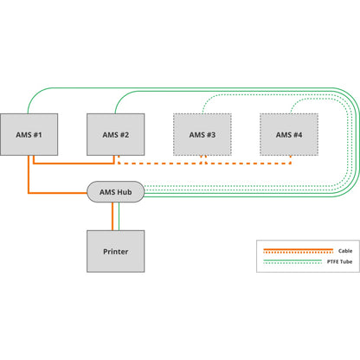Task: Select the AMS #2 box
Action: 116,134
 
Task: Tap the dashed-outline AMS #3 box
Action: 202,134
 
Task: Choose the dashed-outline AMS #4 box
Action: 288,134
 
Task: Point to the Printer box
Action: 116,252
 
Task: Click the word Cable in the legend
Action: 344,249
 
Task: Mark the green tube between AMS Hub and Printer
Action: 116,216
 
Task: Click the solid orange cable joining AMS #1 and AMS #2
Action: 74,162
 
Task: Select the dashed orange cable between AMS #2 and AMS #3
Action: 160,162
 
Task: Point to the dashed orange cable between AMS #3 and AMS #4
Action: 247,162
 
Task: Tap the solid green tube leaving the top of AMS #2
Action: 118,102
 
